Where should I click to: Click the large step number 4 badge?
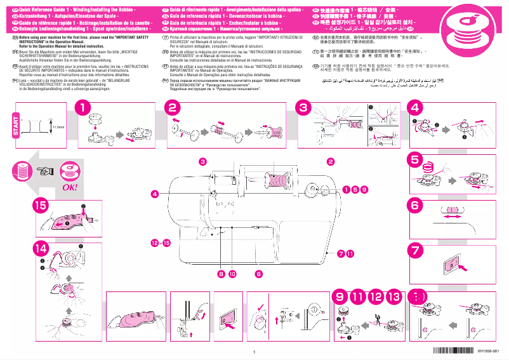tap(415, 109)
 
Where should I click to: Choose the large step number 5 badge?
tap(415, 159)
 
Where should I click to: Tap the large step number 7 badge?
tap(415, 250)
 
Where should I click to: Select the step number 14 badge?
tap(41, 248)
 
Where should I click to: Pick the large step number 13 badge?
tap(393, 296)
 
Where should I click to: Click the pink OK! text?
tap(69, 187)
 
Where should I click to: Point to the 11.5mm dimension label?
tap(58, 128)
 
